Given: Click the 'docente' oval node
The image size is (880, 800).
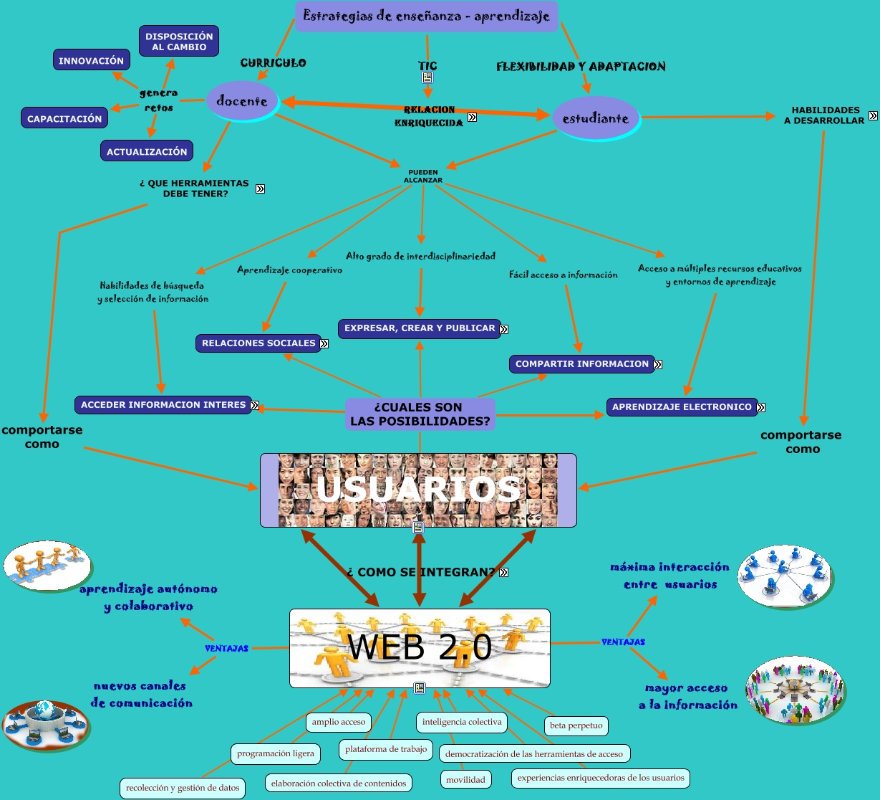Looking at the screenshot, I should pos(241,101).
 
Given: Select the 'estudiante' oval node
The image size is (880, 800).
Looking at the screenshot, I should pos(595,118).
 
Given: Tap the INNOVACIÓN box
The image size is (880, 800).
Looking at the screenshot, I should pos(91,60).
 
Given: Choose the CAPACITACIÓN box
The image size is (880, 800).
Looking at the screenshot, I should pos(64,118).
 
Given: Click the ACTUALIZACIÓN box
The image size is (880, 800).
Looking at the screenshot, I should pos(147,151).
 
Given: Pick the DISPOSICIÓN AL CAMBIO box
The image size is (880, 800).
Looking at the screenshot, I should pos(178,42).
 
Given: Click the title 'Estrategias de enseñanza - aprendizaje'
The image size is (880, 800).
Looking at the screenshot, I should pos(426,16).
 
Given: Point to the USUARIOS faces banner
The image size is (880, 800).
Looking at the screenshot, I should pos(418,490).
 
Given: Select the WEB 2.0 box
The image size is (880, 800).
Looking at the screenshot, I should pos(420,647).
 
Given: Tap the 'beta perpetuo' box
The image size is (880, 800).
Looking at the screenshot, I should pos(576,725).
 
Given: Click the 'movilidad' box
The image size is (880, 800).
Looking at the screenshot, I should pos(465,779).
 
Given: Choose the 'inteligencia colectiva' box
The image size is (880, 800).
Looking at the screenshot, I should pos(462,722).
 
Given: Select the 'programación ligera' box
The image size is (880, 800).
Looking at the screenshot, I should pos(276,753).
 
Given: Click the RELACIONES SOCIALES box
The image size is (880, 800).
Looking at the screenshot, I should pos(258,343).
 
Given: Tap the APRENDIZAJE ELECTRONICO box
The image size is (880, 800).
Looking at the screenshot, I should pos(681,407).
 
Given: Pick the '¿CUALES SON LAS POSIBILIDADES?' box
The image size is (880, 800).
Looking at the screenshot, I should pos(420,414).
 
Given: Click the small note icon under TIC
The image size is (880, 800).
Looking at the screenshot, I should pos(427,77).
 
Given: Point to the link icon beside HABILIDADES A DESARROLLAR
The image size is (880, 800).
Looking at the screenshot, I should pos(873,115).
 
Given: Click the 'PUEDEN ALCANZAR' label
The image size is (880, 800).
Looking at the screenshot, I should pos(423,176).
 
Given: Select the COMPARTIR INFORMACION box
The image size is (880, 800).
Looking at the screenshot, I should pos(581,364).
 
